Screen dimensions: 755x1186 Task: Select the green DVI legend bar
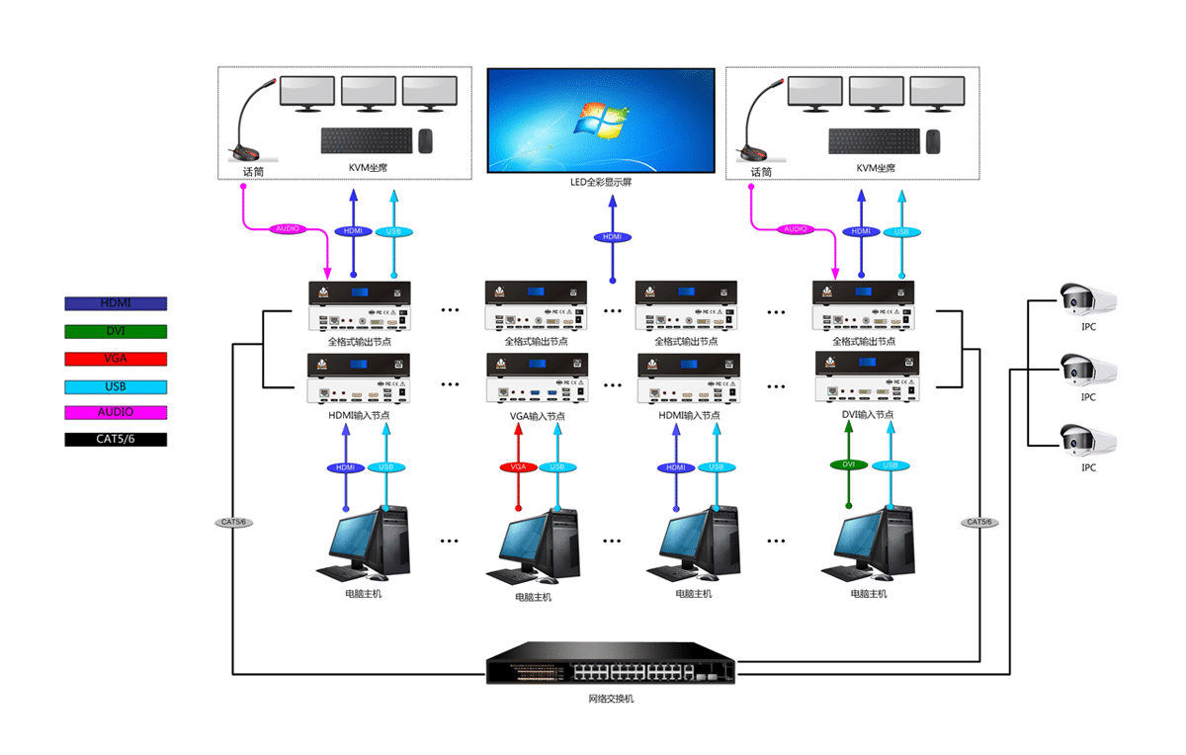(116, 331)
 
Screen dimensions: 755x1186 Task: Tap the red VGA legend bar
(116, 359)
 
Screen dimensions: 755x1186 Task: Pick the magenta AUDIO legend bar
(116, 412)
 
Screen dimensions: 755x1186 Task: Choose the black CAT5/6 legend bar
(116, 439)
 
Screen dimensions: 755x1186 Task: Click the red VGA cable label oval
(518, 466)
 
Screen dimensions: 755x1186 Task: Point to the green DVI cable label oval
(848, 463)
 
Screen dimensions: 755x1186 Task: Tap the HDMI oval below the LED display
(613, 237)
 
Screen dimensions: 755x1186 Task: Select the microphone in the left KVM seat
(252, 124)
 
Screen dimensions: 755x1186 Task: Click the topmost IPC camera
(1085, 297)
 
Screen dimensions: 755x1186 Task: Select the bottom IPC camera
(1085, 440)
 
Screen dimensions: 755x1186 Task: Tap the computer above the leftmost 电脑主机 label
(364, 544)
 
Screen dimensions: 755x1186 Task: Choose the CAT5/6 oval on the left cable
(232, 521)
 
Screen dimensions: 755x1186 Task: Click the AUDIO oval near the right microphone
(795, 229)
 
